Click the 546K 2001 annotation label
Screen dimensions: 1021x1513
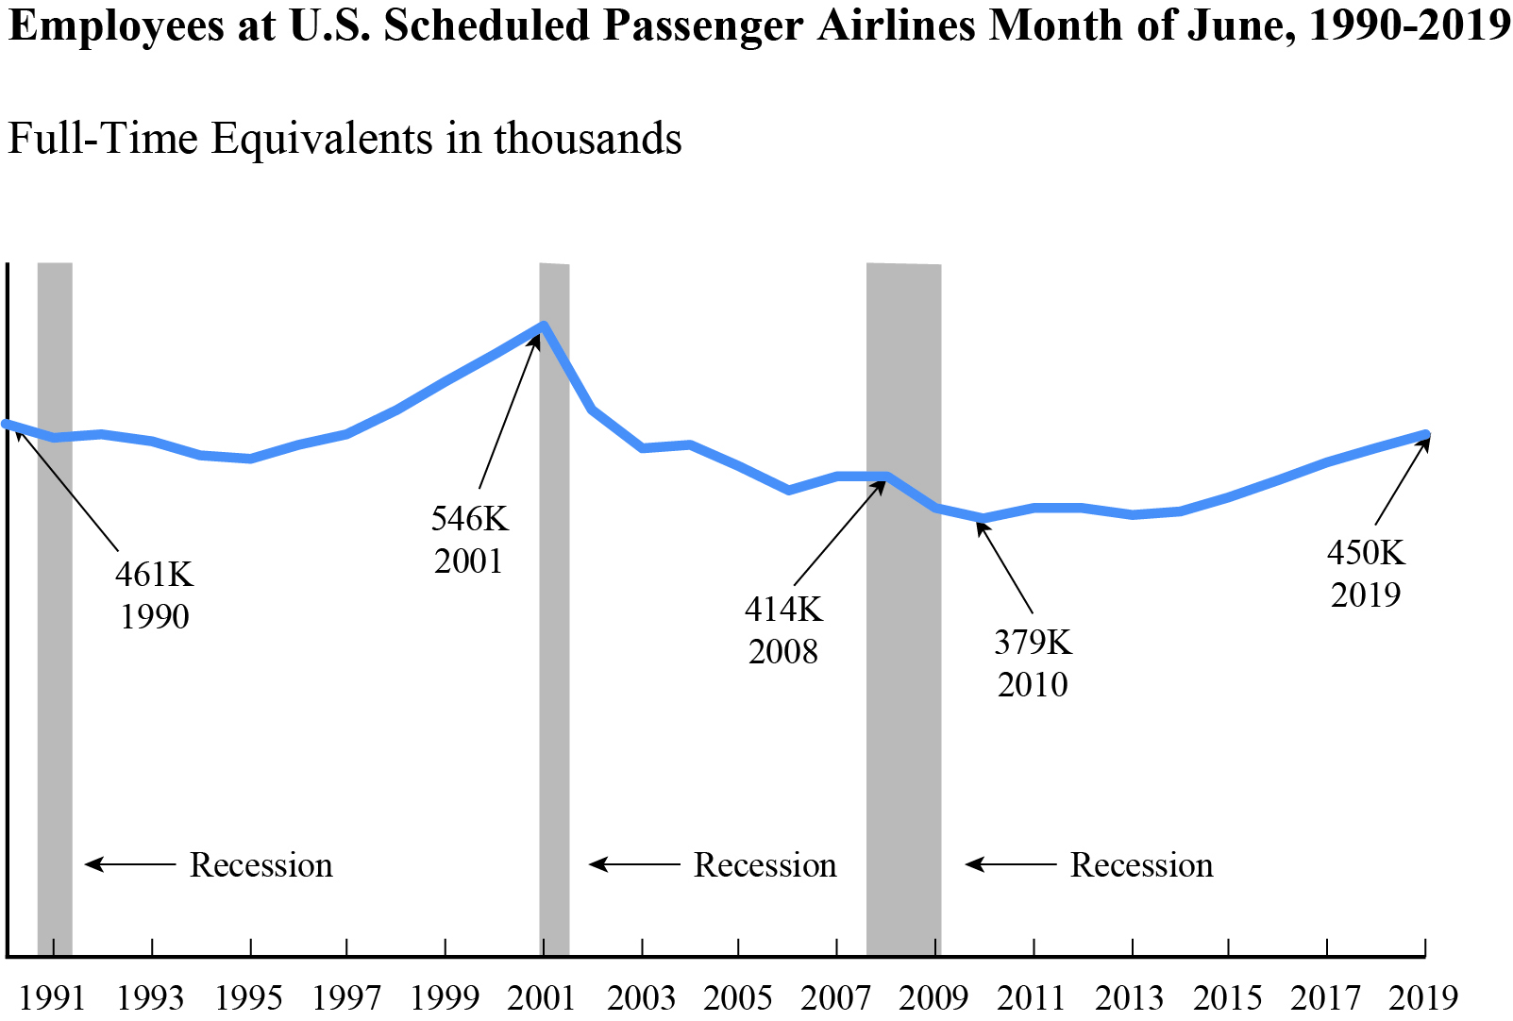469,539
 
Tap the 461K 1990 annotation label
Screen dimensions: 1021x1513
154,594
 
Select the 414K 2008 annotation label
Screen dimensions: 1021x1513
783,629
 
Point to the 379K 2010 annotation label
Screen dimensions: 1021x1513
1033,662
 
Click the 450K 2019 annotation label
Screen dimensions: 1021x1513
1366,573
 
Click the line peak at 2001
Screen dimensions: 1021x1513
544,326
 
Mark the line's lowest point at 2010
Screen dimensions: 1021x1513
983,518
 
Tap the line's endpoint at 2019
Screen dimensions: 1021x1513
1425,435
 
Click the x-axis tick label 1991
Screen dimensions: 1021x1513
53,996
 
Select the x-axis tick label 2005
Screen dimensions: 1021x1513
738,996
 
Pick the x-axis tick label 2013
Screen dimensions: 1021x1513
1130,996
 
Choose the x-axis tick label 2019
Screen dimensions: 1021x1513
1423,996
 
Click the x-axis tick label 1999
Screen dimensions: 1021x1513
445,996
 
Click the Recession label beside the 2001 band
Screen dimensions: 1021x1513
765,864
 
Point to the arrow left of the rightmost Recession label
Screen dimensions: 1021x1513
1010,863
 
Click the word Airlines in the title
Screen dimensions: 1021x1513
896,25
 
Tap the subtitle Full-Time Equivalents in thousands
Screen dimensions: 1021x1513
345,138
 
